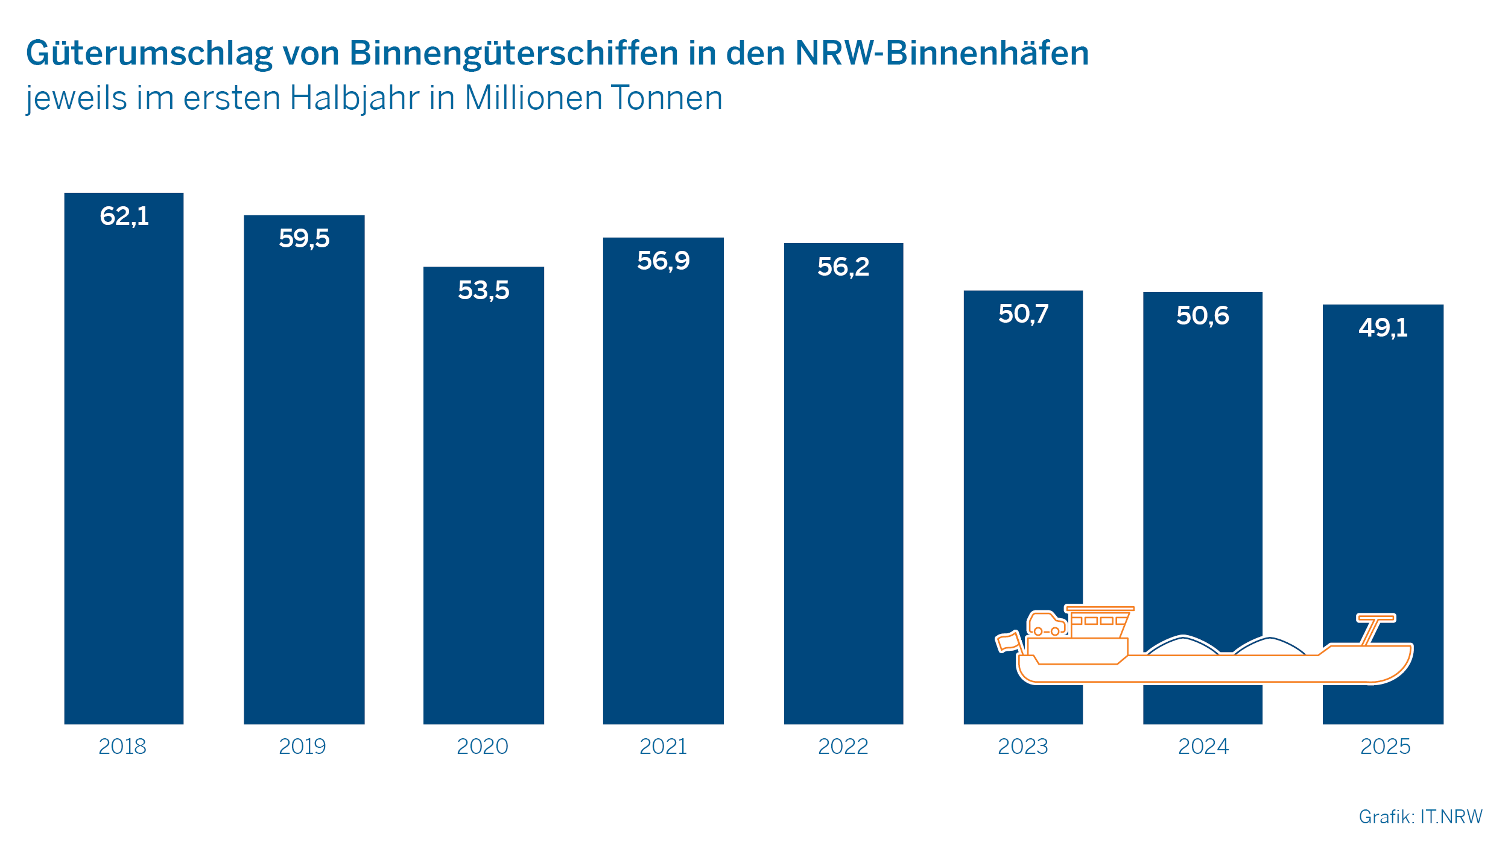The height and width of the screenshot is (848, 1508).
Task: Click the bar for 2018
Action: tap(124, 470)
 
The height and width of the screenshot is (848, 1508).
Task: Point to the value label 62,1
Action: tap(124, 216)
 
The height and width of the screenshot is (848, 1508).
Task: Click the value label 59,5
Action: tap(304, 238)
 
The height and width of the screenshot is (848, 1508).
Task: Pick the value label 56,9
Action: tap(663, 261)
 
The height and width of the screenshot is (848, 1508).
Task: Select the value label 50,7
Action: tap(1023, 314)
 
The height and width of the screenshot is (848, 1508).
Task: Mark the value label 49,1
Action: tap(1383, 327)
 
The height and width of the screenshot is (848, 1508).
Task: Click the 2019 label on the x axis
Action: tap(302, 747)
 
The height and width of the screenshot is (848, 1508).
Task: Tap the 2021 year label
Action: tap(663, 747)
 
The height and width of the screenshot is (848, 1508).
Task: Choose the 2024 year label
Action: tap(1203, 747)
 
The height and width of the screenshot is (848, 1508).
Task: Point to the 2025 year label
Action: tap(1385, 747)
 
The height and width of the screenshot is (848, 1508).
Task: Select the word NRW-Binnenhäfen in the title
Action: tap(942, 52)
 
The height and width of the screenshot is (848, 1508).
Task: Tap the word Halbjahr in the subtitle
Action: tap(354, 98)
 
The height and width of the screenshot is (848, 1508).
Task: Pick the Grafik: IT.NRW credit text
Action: tap(1421, 817)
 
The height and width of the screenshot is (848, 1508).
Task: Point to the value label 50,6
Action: tap(1202, 315)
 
